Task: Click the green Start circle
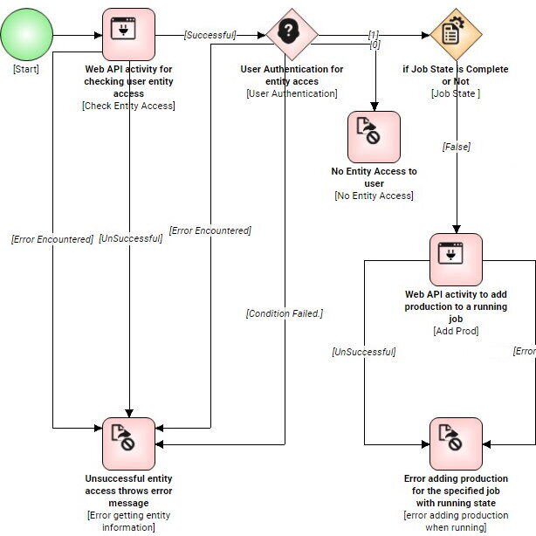26,35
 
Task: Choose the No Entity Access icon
374,137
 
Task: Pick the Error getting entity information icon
128,443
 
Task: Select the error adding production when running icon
456,443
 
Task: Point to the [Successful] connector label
210,35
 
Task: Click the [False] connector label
456,147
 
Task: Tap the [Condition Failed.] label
284,313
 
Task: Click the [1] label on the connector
374,34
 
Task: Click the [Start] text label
25,69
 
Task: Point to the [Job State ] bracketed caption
456,93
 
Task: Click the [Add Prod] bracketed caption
456,331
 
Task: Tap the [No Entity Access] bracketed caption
374,196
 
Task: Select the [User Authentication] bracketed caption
292,93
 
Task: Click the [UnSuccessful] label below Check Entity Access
130,238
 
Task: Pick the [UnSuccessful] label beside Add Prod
363,352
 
